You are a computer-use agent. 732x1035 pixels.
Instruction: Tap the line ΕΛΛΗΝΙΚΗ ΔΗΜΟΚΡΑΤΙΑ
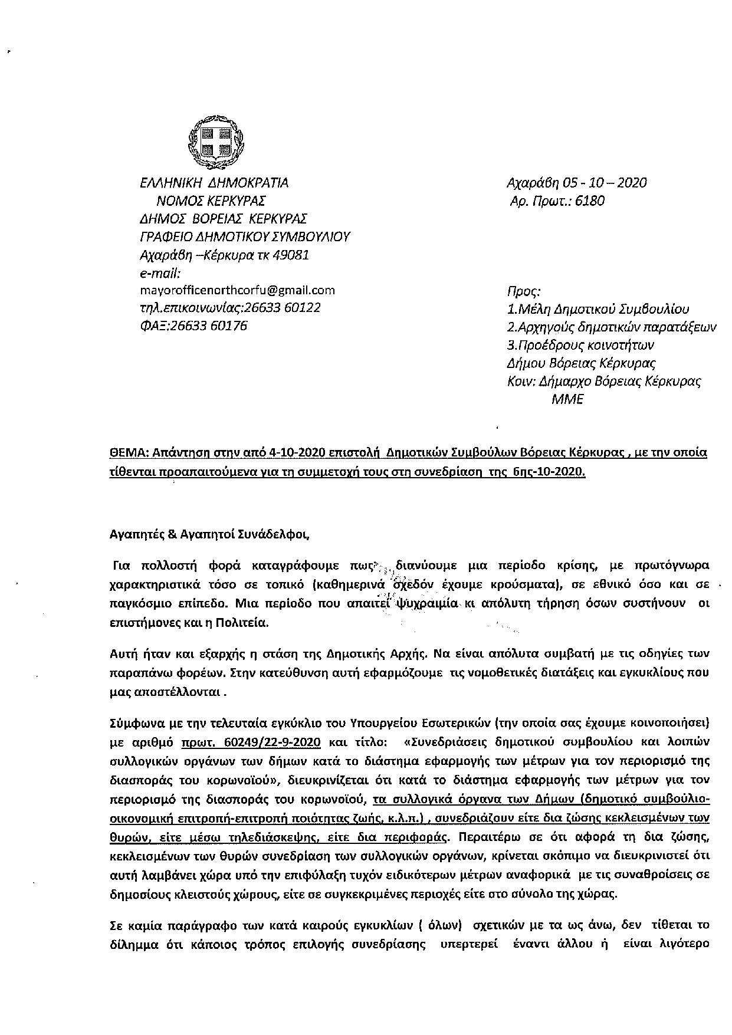pyautogui.click(x=214, y=183)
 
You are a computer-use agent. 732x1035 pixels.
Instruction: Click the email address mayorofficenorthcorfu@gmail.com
pyautogui.click(x=237, y=290)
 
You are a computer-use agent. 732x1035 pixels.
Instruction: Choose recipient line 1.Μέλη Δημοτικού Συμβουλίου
pyautogui.click(x=598, y=309)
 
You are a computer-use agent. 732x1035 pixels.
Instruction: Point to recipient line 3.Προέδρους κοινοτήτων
pyautogui.click(x=580, y=345)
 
